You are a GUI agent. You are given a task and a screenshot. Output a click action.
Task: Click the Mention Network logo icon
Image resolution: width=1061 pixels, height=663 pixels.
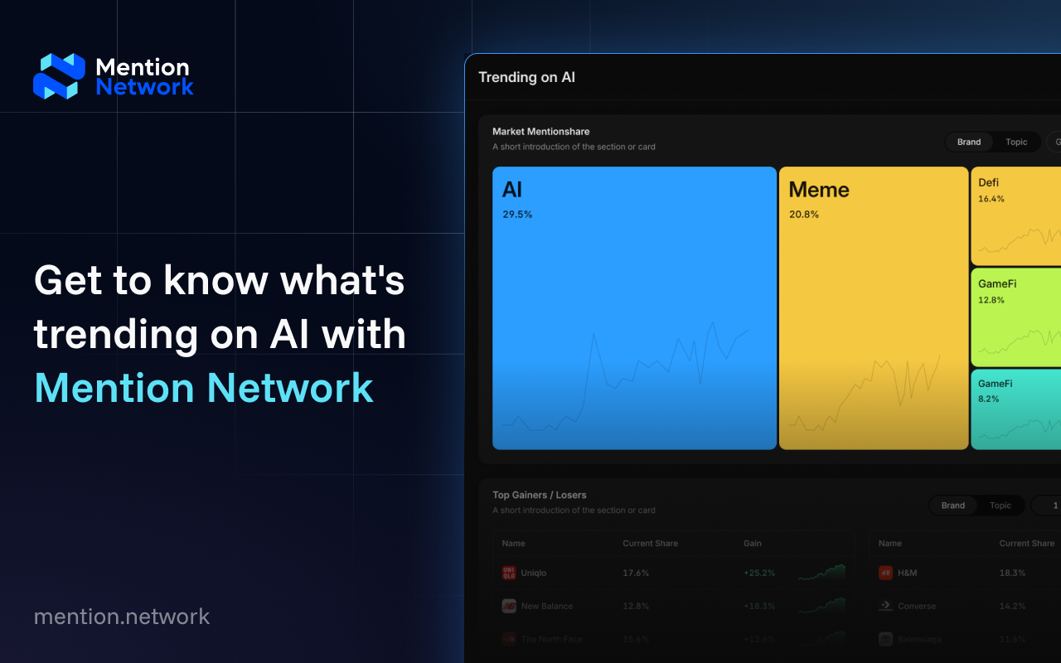pos(59,76)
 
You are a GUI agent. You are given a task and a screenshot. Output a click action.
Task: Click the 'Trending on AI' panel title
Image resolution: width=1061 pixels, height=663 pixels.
pos(526,77)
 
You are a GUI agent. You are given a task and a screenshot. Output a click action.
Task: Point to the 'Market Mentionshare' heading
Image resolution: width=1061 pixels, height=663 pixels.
pos(540,132)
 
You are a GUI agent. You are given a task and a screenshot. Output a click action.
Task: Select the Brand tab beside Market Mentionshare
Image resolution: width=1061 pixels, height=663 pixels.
pos(969,142)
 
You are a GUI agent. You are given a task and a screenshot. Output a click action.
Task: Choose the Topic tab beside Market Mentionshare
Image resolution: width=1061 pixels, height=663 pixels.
pos(1016,142)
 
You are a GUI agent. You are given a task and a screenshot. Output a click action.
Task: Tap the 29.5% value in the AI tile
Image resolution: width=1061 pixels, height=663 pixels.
pos(517,215)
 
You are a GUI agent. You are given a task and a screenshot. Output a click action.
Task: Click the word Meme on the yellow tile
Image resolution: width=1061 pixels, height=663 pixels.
pos(819,190)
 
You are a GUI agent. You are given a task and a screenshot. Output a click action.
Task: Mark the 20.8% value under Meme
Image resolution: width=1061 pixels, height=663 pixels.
pos(804,215)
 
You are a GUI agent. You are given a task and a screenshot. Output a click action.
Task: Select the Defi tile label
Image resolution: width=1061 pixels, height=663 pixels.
pos(988,182)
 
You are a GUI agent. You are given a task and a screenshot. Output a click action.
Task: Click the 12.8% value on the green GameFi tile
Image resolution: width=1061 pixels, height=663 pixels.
pos(991,300)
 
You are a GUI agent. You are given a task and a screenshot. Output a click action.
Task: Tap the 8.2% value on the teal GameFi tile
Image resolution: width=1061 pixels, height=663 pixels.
pos(989,399)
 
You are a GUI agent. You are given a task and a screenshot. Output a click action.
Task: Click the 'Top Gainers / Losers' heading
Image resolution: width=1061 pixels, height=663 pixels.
pos(539,496)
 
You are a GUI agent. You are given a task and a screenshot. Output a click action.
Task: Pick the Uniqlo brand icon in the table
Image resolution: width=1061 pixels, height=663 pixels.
pos(509,573)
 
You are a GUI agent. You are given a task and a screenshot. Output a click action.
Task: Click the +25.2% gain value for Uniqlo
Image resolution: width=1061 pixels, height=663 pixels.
pos(759,573)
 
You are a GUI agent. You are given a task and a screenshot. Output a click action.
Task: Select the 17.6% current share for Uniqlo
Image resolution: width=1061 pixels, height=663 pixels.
pos(636,573)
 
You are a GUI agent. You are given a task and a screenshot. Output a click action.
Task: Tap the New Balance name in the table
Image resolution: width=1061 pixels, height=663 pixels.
pos(547,606)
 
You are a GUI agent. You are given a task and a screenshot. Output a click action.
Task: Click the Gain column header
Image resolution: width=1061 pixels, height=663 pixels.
pos(752,544)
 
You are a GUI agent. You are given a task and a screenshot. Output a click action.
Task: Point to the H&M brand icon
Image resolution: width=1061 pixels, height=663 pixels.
pos(885,573)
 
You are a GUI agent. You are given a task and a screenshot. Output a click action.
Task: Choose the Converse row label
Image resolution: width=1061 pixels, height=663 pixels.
pos(917,606)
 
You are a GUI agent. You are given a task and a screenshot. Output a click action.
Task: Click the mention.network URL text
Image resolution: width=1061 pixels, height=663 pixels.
pos(122,617)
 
